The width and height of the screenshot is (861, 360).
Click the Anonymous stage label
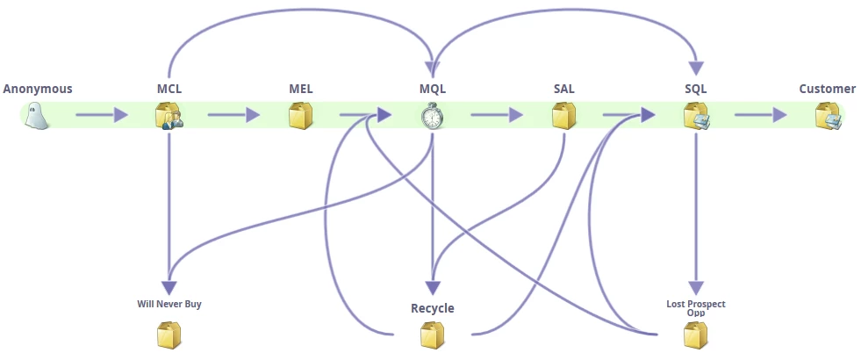pos(38,89)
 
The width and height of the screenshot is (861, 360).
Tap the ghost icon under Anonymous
pos(37,115)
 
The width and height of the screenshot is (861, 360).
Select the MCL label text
pos(169,89)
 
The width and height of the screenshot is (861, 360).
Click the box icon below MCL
pos(169,116)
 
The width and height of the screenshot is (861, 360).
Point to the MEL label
pos(301,89)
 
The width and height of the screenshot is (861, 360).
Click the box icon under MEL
pos(301,116)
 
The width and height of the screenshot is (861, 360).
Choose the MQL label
pos(433,89)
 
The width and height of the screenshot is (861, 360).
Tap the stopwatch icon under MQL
pos(432,116)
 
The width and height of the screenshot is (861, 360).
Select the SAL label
pos(564,89)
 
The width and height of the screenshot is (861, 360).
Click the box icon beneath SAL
pos(564,116)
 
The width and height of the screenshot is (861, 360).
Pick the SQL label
pos(696,89)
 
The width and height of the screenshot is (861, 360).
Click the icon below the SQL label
pos(696,116)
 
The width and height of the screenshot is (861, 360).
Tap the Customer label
pos(827,89)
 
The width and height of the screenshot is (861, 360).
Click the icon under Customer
pos(828,116)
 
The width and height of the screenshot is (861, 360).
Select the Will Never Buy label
pos(169,305)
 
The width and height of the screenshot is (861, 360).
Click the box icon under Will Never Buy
pos(169,335)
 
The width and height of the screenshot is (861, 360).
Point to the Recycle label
pos(433,308)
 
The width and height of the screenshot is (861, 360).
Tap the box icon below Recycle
pos(433,335)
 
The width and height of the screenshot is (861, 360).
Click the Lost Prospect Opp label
pos(696,307)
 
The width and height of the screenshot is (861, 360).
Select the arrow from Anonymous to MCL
pos(102,115)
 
